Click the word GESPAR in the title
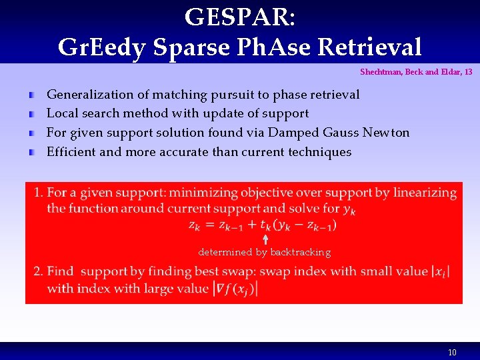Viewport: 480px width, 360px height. tap(239, 17)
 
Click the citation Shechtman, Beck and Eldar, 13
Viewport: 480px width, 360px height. tap(416, 71)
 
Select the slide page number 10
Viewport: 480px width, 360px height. tap(452, 352)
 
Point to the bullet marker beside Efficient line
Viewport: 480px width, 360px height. tap(32, 153)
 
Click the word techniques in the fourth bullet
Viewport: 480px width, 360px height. tap(319, 152)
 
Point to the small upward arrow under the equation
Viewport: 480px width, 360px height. tap(265, 239)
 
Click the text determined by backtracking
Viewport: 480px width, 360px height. tap(264, 252)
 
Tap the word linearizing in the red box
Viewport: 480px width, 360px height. tap(425, 193)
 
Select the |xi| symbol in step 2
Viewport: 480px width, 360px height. tap(440, 271)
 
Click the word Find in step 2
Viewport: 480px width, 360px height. tap(61, 271)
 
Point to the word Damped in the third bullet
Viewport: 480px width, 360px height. tap(281, 133)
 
